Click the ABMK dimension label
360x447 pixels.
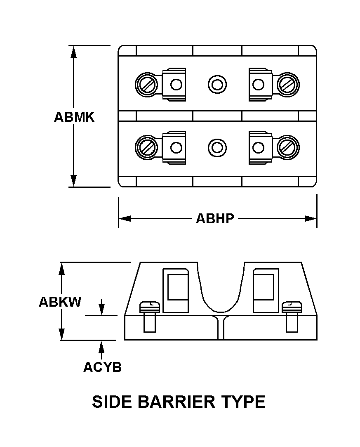[x=74, y=117]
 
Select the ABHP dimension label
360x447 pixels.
[x=215, y=218]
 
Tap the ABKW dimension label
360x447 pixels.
[x=60, y=302]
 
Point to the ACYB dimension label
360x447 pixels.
[x=102, y=367]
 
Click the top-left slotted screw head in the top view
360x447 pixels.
[x=146, y=85]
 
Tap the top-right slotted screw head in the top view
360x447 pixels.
[x=288, y=85]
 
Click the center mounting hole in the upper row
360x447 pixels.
[x=217, y=85]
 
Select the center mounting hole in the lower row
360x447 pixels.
[x=217, y=147]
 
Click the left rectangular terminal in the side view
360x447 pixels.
[x=176, y=290]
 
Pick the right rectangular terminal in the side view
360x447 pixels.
[x=266, y=290]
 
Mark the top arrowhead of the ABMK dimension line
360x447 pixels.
[x=74, y=52]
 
